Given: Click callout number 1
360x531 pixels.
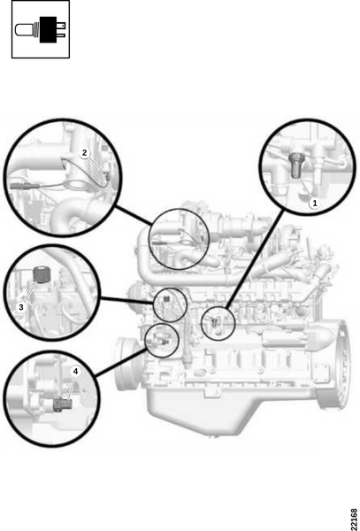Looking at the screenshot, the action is [315, 204].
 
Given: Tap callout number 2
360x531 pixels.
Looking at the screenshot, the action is [85, 153].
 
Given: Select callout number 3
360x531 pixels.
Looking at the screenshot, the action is [21, 307].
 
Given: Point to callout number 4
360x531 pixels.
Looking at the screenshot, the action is [75, 372].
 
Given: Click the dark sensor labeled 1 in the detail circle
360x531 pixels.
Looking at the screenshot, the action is [296, 165].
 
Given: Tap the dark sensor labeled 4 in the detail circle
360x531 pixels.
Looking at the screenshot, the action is [63, 404].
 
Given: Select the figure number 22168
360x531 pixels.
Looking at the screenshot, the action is [354, 517].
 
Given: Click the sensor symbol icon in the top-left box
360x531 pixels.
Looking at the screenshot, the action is [41, 29].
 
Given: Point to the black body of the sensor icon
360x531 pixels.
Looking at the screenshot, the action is [48, 29].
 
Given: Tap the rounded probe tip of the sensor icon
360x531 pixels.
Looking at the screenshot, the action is [23, 30].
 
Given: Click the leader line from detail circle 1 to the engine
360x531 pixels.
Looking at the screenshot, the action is [255, 259].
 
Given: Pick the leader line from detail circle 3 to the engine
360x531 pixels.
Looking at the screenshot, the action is [127, 300].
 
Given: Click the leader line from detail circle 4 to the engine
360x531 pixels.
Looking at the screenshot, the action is [120, 363].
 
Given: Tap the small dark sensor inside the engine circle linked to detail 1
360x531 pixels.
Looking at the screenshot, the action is [215, 322].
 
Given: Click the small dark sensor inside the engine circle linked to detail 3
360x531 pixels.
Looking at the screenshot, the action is [165, 298].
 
